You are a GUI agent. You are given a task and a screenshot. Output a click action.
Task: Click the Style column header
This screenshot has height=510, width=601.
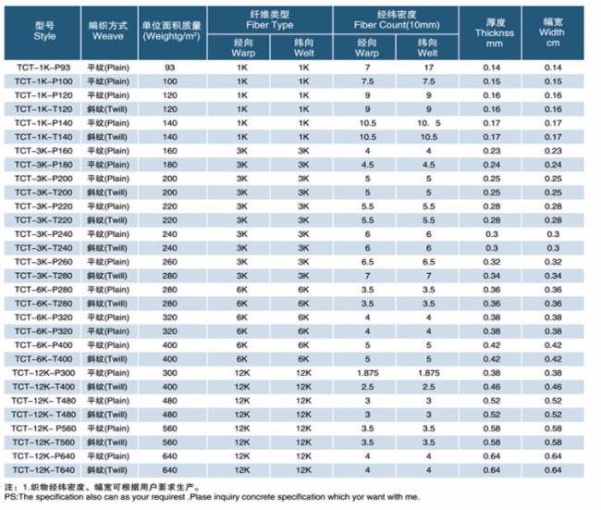pos(45,31)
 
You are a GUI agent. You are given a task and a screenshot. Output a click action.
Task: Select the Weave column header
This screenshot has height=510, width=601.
pos(108,31)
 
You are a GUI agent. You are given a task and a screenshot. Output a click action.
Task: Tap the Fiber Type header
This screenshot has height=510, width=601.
pos(269,20)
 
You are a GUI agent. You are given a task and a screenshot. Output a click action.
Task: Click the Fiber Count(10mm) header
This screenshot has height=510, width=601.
pos(397,20)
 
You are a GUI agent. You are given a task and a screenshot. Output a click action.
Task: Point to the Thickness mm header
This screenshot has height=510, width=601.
pos(495,33)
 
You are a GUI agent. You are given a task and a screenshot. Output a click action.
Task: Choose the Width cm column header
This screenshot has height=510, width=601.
pos(552,32)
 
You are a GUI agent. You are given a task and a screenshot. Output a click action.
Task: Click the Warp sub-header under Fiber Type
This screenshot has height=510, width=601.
pos(243,48)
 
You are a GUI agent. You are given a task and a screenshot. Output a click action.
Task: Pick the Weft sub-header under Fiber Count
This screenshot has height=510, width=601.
pos(427,48)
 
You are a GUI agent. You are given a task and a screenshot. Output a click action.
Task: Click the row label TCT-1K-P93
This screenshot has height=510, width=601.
pos(43,68)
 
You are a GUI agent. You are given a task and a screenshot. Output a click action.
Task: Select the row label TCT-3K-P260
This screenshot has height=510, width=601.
pos(43,262)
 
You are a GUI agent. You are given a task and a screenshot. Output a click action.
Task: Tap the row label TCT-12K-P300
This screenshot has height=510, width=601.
pos(43,373)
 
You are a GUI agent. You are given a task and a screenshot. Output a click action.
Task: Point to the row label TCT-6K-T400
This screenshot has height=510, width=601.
pos(43,359)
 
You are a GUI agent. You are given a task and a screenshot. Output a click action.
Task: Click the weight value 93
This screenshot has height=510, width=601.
pos(170,68)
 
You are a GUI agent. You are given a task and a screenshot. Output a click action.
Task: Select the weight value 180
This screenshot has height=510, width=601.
pos(170,165)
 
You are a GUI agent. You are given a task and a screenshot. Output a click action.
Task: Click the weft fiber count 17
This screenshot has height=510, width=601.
pos(429,68)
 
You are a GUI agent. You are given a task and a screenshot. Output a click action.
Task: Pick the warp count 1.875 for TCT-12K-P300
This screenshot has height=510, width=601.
pos(368,373)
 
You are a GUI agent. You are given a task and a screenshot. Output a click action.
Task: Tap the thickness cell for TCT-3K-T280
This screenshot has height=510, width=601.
pos(492,276)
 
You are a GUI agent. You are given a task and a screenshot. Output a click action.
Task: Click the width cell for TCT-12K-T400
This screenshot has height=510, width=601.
pos(553,387)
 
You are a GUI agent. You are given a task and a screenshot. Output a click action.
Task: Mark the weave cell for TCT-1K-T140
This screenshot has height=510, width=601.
pos(107,137)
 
